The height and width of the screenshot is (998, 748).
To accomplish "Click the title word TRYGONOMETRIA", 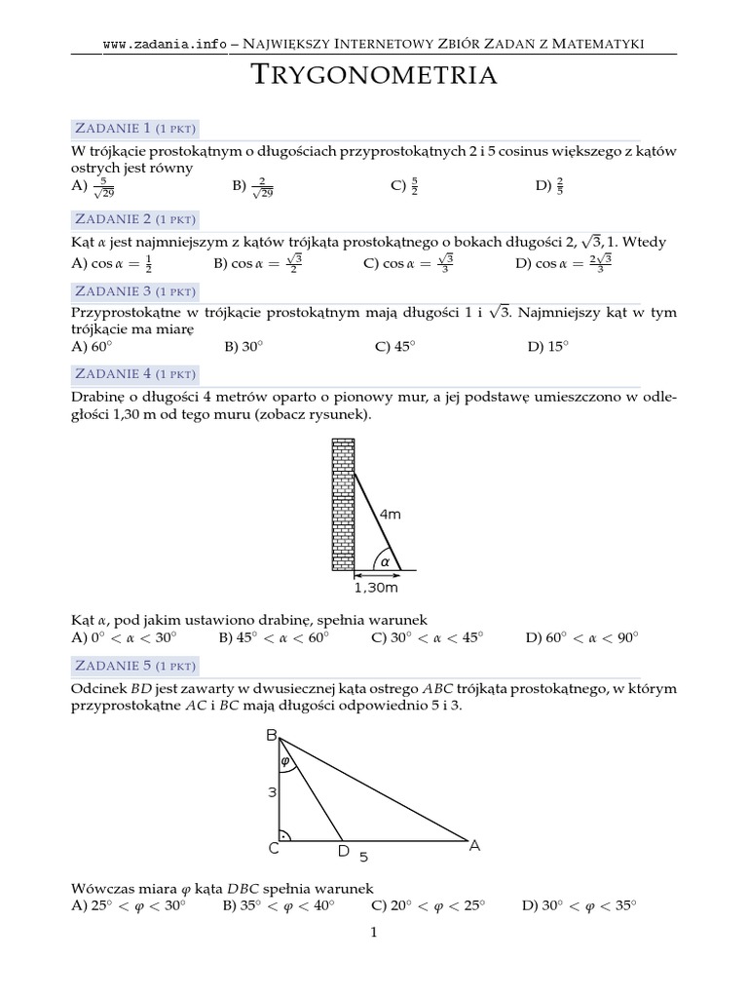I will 374,75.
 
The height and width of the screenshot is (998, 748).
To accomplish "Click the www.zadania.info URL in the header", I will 164,44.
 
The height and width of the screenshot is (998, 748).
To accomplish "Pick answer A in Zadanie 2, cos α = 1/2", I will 112,263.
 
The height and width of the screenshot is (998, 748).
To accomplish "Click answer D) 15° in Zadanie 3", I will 547,346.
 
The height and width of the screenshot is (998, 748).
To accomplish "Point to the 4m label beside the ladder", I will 390,515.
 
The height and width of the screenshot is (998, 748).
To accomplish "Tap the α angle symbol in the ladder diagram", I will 385,561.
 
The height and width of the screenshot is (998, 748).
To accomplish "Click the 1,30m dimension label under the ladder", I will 375,588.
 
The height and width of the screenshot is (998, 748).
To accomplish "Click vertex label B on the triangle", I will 272,737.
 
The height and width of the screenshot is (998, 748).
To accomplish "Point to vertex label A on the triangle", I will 475,846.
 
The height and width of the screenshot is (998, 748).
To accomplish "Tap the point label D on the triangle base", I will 343,852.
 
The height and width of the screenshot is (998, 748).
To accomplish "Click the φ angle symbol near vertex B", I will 285,761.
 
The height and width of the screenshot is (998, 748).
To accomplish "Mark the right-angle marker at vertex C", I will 285,834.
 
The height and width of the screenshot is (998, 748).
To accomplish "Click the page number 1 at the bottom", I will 373,933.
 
